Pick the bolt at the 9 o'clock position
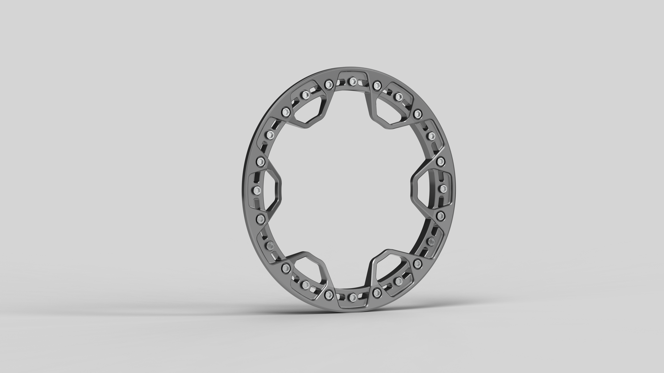pos(77,190)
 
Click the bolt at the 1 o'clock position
pos(399,96)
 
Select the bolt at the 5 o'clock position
pos(399,280)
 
